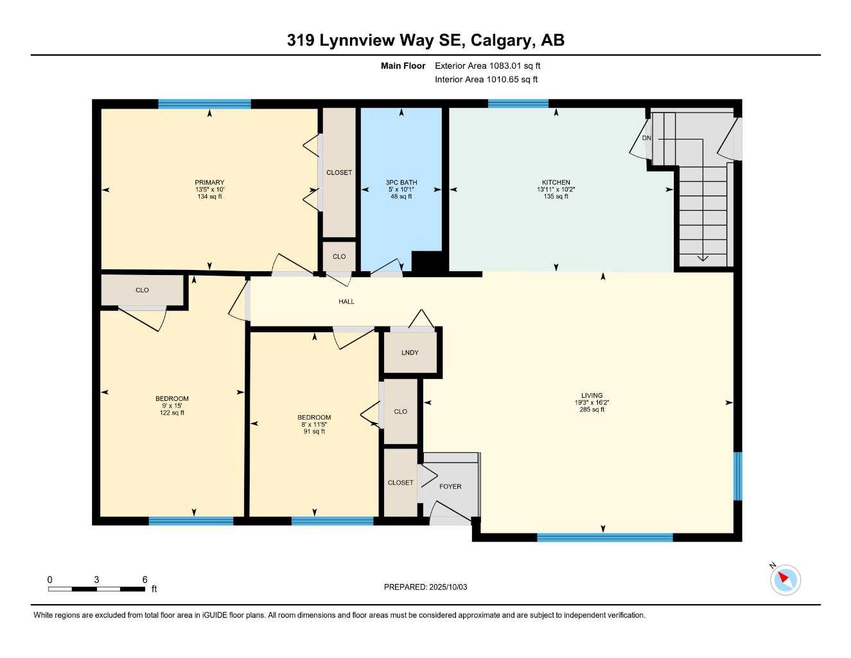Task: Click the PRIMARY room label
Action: click(209, 182)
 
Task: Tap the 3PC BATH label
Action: click(401, 182)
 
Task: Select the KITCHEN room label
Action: click(556, 182)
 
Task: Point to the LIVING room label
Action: click(592, 396)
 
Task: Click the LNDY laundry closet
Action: click(410, 353)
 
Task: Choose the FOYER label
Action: click(450, 486)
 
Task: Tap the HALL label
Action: click(346, 301)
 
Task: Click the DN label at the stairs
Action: click(646, 138)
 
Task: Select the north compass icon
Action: click(785, 579)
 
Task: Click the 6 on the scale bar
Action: click(145, 580)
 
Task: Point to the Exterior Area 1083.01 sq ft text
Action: click(487, 66)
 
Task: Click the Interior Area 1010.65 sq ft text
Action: click(486, 80)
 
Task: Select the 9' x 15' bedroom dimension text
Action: click(172, 405)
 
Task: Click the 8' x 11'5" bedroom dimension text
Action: click(314, 424)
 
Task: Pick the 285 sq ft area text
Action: click(592, 409)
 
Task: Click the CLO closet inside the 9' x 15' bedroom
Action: click(142, 290)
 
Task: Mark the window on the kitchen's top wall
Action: click(518, 103)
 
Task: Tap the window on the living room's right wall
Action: click(737, 476)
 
